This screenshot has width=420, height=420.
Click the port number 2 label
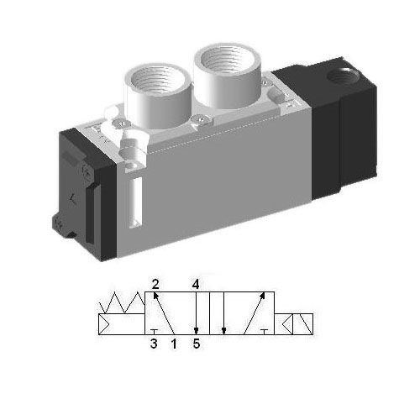pyautogui.click(x=155, y=283)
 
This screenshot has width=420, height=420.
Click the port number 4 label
pyautogui.click(x=195, y=283)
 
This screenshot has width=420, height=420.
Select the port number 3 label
pyautogui.click(x=155, y=344)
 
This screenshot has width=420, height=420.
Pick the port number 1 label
pyautogui.click(x=174, y=344)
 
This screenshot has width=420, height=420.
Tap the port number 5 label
pyautogui.click(x=195, y=344)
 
